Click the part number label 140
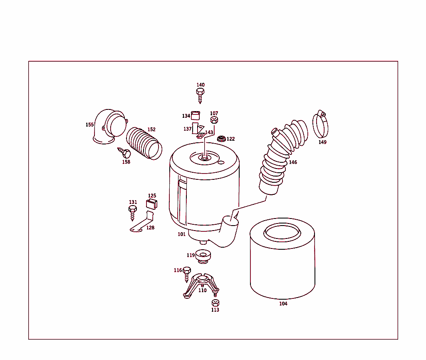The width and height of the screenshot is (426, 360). pyautogui.click(x=201, y=85)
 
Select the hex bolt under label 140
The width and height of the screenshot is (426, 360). pyautogui.click(x=200, y=94)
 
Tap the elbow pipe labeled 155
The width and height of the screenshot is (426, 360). pyautogui.click(x=107, y=127)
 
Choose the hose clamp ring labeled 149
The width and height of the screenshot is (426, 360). pyautogui.click(x=320, y=124)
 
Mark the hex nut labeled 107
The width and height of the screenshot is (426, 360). pyautogui.click(x=214, y=120)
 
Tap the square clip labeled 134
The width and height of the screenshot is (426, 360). pyautogui.click(x=196, y=116)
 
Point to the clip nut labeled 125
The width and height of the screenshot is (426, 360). pyautogui.click(x=152, y=204)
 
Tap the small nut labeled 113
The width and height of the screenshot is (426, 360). pyautogui.click(x=215, y=303)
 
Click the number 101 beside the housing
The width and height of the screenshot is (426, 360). pyautogui.click(x=182, y=234)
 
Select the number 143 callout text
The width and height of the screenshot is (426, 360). pyautogui.click(x=209, y=132)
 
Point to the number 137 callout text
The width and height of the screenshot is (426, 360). pyautogui.click(x=188, y=129)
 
